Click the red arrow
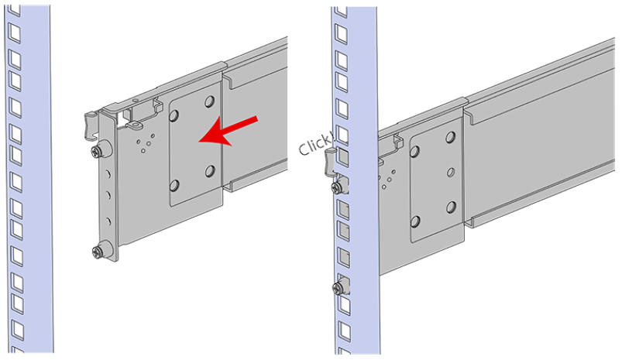(x=228, y=132)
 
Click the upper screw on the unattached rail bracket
(x=98, y=149)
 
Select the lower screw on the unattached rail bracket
(x=99, y=251)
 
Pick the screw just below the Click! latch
(x=338, y=188)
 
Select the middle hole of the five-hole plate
(x=451, y=172)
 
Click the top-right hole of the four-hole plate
(x=209, y=102)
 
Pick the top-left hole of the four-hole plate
(x=174, y=115)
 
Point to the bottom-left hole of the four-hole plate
(x=174, y=186)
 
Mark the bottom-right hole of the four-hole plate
(x=209, y=171)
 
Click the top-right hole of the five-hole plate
(x=450, y=137)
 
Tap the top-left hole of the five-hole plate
(x=415, y=152)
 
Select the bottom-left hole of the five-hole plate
(x=415, y=221)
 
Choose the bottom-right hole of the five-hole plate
(x=451, y=207)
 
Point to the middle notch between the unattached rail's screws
(x=107, y=195)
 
